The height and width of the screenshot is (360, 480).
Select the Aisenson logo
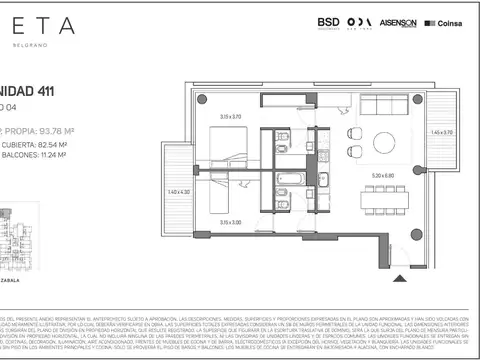point(399,23)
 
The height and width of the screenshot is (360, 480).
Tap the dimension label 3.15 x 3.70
point(231,115)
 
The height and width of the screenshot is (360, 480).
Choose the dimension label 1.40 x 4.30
point(179,192)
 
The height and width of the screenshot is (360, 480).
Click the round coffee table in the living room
point(382,139)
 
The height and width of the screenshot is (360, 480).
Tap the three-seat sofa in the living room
point(385,106)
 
